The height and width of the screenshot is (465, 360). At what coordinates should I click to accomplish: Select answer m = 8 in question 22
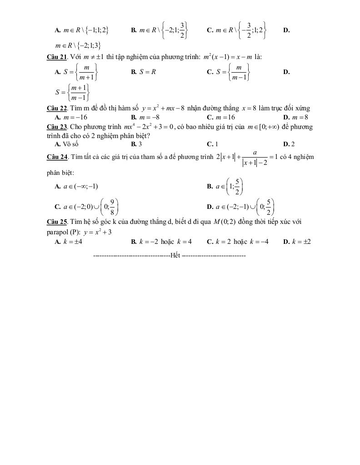(x=300, y=117)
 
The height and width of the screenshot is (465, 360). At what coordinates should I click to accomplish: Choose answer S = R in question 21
(x=146, y=72)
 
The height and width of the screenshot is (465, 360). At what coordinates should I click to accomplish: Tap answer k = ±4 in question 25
(x=73, y=242)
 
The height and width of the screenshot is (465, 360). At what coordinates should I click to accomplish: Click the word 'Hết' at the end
(x=175, y=256)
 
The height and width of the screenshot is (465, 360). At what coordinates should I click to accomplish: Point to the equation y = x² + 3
(x=98, y=232)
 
